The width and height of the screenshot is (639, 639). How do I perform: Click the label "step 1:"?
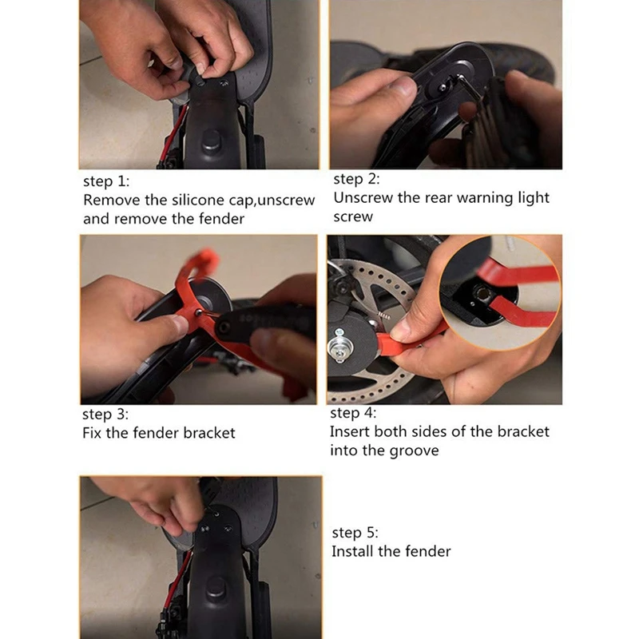tap(106, 181)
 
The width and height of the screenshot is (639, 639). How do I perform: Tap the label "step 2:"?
tap(356, 179)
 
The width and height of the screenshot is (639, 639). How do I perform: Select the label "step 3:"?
tap(105, 414)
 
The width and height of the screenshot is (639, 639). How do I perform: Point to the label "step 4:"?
tap(353, 413)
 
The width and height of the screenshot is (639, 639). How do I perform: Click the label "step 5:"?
tap(355, 533)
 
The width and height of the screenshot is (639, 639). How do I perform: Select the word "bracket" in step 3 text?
tap(209, 433)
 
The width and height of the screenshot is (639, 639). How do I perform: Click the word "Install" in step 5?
tap(352, 551)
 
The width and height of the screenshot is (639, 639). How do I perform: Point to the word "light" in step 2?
tap(534, 198)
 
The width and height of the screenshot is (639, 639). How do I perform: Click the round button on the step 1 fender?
tap(212, 140)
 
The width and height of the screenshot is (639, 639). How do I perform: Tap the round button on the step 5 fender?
tap(216, 589)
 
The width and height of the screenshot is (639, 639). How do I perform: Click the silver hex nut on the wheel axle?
tap(339, 347)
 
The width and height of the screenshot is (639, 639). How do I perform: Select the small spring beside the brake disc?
tap(383, 316)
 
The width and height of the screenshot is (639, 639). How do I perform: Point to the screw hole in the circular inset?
tap(482, 292)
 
